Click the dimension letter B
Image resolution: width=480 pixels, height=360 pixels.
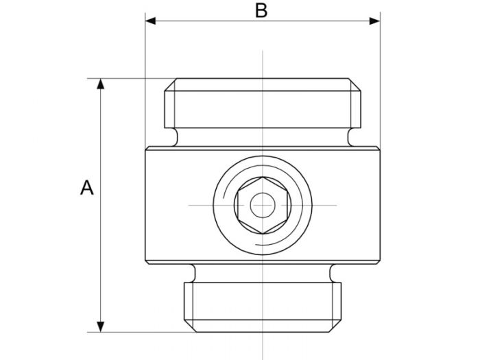point(261,10)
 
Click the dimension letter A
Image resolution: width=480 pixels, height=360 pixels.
point(87,188)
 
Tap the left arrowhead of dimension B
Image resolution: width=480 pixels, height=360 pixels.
point(150,21)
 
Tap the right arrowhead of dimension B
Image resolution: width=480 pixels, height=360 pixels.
point(374,21)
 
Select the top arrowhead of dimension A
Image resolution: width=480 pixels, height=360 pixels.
point(100,84)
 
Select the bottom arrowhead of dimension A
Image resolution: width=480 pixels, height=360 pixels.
point(100,326)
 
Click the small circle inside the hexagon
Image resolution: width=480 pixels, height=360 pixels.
point(263,205)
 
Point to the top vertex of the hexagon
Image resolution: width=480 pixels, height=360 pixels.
point(263,177)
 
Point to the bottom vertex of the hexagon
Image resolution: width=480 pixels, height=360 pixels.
point(263,234)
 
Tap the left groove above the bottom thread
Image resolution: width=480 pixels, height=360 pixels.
point(194,274)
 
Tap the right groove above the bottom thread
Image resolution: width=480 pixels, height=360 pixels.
point(331,274)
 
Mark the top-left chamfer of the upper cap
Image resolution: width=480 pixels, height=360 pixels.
point(171,85)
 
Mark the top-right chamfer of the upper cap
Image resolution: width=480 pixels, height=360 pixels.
point(355,85)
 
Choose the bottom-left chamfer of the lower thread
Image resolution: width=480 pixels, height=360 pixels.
point(190,326)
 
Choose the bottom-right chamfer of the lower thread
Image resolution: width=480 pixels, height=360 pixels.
point(335,326)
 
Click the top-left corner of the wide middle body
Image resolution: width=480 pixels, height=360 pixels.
point(146,147)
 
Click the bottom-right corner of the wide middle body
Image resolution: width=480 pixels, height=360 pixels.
point(379,263)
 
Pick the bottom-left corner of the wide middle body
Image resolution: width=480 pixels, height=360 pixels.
point(146,263)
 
